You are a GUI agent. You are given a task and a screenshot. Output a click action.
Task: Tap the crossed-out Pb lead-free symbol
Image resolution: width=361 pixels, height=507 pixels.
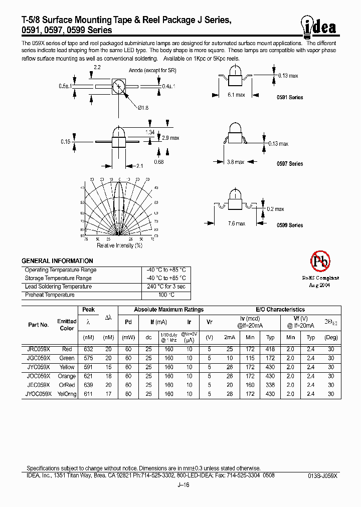coord(320,261)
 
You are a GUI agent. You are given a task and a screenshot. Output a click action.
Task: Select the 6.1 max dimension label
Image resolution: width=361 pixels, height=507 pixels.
coord(236,95)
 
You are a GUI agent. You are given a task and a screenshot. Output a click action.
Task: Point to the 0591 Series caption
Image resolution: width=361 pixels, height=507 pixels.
coord(290,97)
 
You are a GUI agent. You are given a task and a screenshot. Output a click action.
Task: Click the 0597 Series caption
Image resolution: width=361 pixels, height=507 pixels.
coord(290,164)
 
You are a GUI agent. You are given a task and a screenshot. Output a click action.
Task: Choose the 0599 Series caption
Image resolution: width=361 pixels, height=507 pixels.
coord(290,225)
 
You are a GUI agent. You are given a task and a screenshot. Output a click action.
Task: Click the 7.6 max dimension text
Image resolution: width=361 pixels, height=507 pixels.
coord(236,223)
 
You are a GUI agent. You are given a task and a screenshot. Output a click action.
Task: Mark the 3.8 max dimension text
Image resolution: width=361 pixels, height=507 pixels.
coord(236,162)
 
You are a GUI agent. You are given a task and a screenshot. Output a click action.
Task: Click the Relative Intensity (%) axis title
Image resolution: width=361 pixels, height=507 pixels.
coord(119,245)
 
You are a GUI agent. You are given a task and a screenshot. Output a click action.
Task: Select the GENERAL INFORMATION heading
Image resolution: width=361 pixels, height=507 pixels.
coord(57,261)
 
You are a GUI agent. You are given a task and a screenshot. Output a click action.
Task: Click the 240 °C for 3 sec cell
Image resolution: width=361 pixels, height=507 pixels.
coord(166,287)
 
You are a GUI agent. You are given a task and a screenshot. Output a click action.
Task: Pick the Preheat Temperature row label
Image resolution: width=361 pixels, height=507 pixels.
coord(50,295)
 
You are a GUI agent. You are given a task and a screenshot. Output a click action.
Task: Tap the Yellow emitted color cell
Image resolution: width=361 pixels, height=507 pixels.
coord(67,367)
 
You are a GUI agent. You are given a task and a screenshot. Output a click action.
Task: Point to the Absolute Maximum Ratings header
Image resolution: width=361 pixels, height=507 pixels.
coord(168,310)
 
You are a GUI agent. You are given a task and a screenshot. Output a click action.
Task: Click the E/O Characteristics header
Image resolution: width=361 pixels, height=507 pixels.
coord(280,310)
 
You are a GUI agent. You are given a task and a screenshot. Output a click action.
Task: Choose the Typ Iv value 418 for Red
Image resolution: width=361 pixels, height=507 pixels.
coord(270,349)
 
